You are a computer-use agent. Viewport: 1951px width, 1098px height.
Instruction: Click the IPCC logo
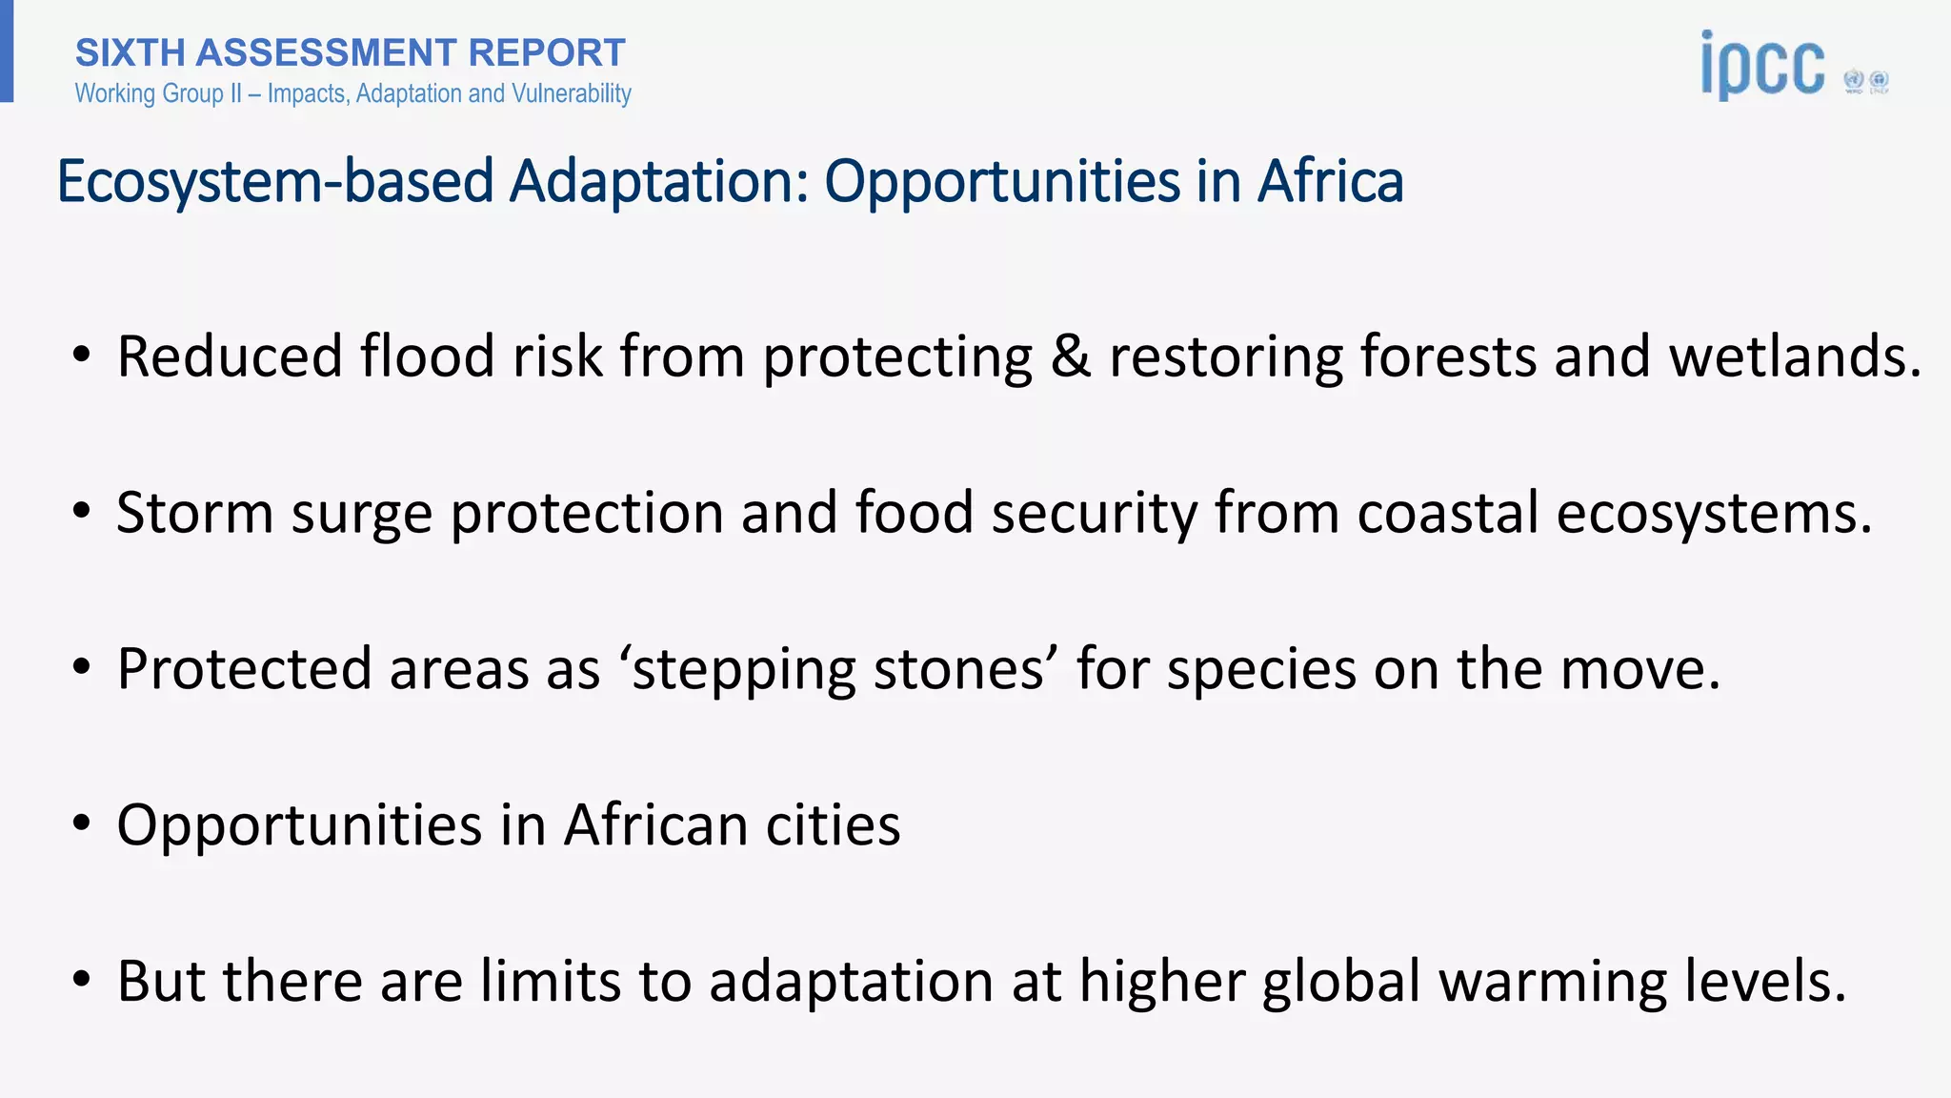1762,65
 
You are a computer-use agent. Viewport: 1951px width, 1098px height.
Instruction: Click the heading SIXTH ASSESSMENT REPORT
350,53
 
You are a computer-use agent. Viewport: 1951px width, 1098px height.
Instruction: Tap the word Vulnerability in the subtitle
572,93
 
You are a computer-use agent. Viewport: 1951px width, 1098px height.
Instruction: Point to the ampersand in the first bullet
1071,356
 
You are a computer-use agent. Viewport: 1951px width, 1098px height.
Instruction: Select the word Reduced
230,356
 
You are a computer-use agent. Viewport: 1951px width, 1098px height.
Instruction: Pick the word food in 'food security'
914,513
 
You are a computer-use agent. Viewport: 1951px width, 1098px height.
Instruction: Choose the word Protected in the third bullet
244,669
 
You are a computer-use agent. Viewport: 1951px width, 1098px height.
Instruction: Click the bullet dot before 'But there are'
82,979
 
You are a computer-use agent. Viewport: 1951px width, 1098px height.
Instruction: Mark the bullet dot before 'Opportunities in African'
82,823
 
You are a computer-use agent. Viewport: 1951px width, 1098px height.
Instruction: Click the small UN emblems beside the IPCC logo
1866,82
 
